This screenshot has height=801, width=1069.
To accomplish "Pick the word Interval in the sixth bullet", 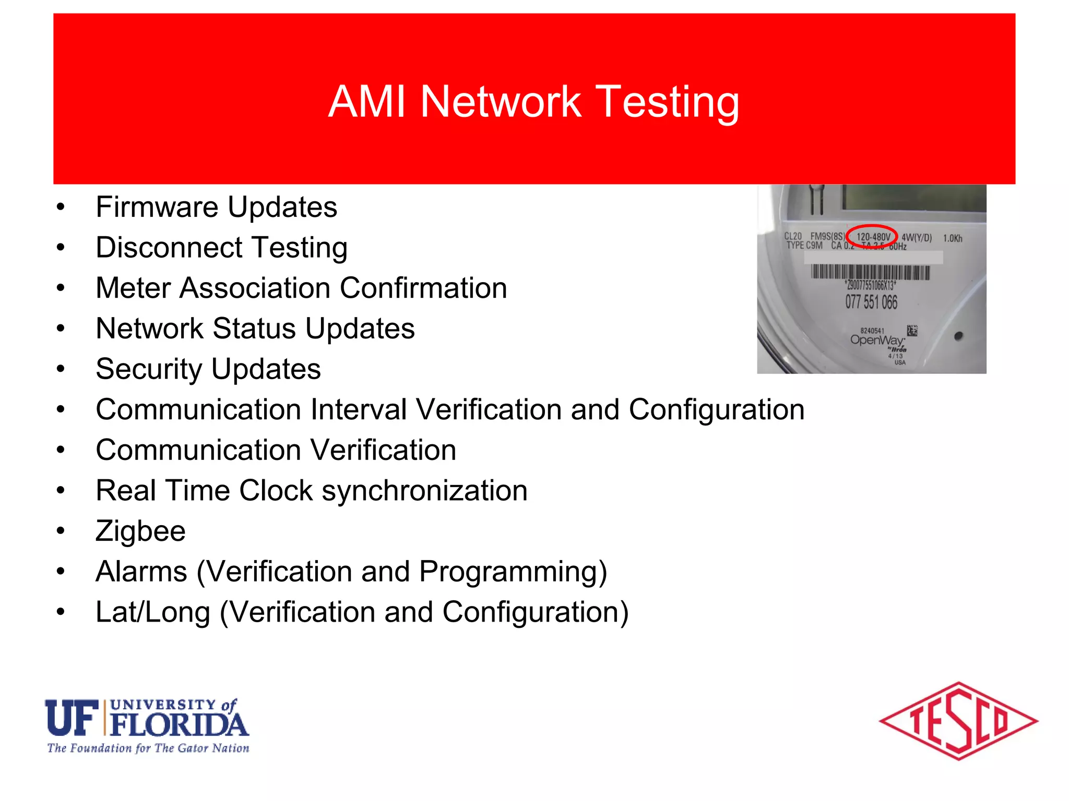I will click(358, 410).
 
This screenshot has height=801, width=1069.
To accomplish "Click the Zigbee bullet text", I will click(140, 531).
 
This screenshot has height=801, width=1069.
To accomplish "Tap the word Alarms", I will click(141, 572).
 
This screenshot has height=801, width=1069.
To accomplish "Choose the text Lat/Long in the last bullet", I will click(152, 612).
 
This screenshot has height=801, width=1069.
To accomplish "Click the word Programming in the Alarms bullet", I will click(513, 572).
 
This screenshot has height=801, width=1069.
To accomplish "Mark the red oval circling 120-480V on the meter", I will click(871, 237).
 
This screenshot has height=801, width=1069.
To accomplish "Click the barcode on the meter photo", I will click(870, 272).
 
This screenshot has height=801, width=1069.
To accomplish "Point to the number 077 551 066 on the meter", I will click(871, 302).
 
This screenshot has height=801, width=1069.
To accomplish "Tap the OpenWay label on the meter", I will click(876, 340).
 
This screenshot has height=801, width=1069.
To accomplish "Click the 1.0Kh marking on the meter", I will click(953, 238).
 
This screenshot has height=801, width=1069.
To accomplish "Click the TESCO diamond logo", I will click(958, 721).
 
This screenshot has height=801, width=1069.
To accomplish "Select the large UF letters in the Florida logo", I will click(72, 718).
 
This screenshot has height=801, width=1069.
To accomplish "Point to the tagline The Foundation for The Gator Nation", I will click(148, 748).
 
